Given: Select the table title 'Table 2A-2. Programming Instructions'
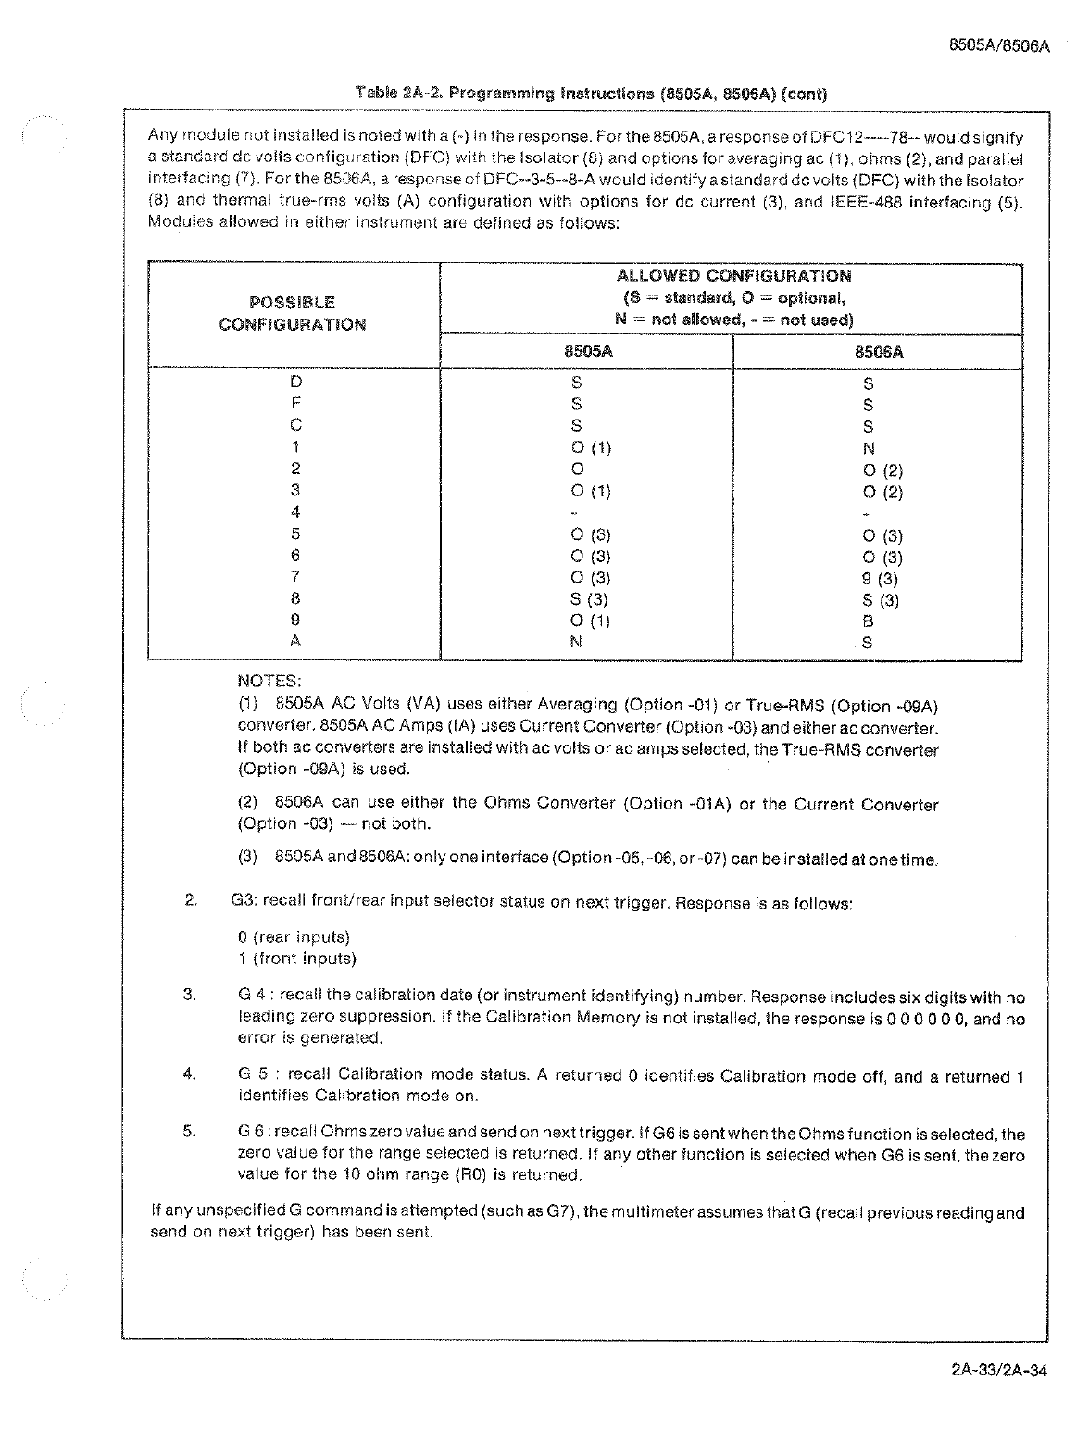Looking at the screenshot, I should (x=591, y=94).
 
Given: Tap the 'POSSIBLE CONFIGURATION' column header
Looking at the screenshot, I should (x=293, y=313).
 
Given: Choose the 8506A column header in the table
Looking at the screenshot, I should (x=878, y=352).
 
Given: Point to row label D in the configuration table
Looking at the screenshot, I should (x=295, y=382).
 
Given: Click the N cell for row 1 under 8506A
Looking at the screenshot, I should (x=868, y=448).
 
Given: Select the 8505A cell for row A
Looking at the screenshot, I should (x=576, y=641).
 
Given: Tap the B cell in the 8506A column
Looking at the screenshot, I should (x=868, y=621).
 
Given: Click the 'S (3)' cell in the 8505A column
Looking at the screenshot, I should (x=590, y=599).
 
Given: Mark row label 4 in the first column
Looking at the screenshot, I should (x=295, y=511).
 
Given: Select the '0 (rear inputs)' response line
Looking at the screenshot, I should (x=294, y=937).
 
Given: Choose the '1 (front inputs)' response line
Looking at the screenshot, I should (x=296, y=959).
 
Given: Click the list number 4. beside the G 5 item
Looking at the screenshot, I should (x=191, y=1074).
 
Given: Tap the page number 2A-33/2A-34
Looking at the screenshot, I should (x=998, y=1372).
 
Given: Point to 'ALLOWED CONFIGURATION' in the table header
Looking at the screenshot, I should (x=733, y=276).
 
